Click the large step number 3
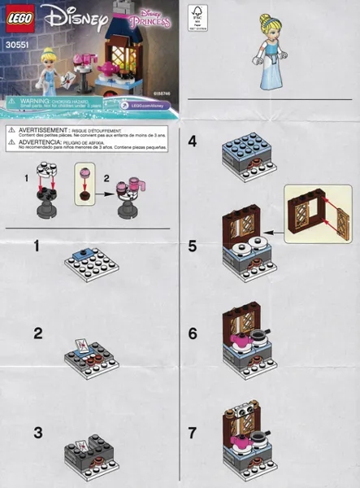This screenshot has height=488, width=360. pyautogui.click(x=37, y=433)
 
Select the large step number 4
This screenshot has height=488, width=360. pyautogui.click(x=193, y=142)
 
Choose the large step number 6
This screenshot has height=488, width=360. pyautogui.click(x=193, y=333)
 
